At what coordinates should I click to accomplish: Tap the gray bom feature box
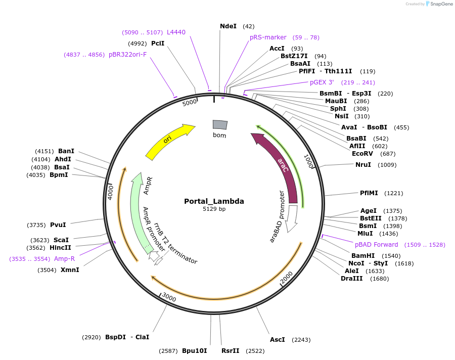pyautogui.click(x=220, y=124)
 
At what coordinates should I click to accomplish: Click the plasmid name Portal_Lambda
pyautogui.click(x=214, y=201)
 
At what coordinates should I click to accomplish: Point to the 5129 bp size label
pyautogui.click(x=214, y=209)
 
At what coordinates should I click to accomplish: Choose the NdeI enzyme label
pyautogui.click(x=228, y=26)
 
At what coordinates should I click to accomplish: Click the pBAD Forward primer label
pyautogui.click(x=376, y=245)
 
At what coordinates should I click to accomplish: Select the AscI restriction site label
pyautogui.click(x=278, y=340)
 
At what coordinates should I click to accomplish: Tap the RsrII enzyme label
pyautogui.click(x=231, y=351)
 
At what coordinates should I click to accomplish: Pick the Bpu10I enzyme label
pyautogui.click(x=194, y=351)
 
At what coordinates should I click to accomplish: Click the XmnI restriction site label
pyautogui.click(x=70, y=270)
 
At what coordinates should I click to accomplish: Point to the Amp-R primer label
pyautogui.click(x=64, y=259)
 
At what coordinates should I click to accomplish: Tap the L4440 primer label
pyautogui.click(x=176, y=32)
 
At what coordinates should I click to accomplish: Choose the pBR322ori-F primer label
pyautogui.click(x=127, y=55)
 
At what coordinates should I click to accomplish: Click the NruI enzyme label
pyautogui.click(x=363, y=165)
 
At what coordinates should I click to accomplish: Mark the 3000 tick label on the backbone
pyautogui.click(x=169, y=299)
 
